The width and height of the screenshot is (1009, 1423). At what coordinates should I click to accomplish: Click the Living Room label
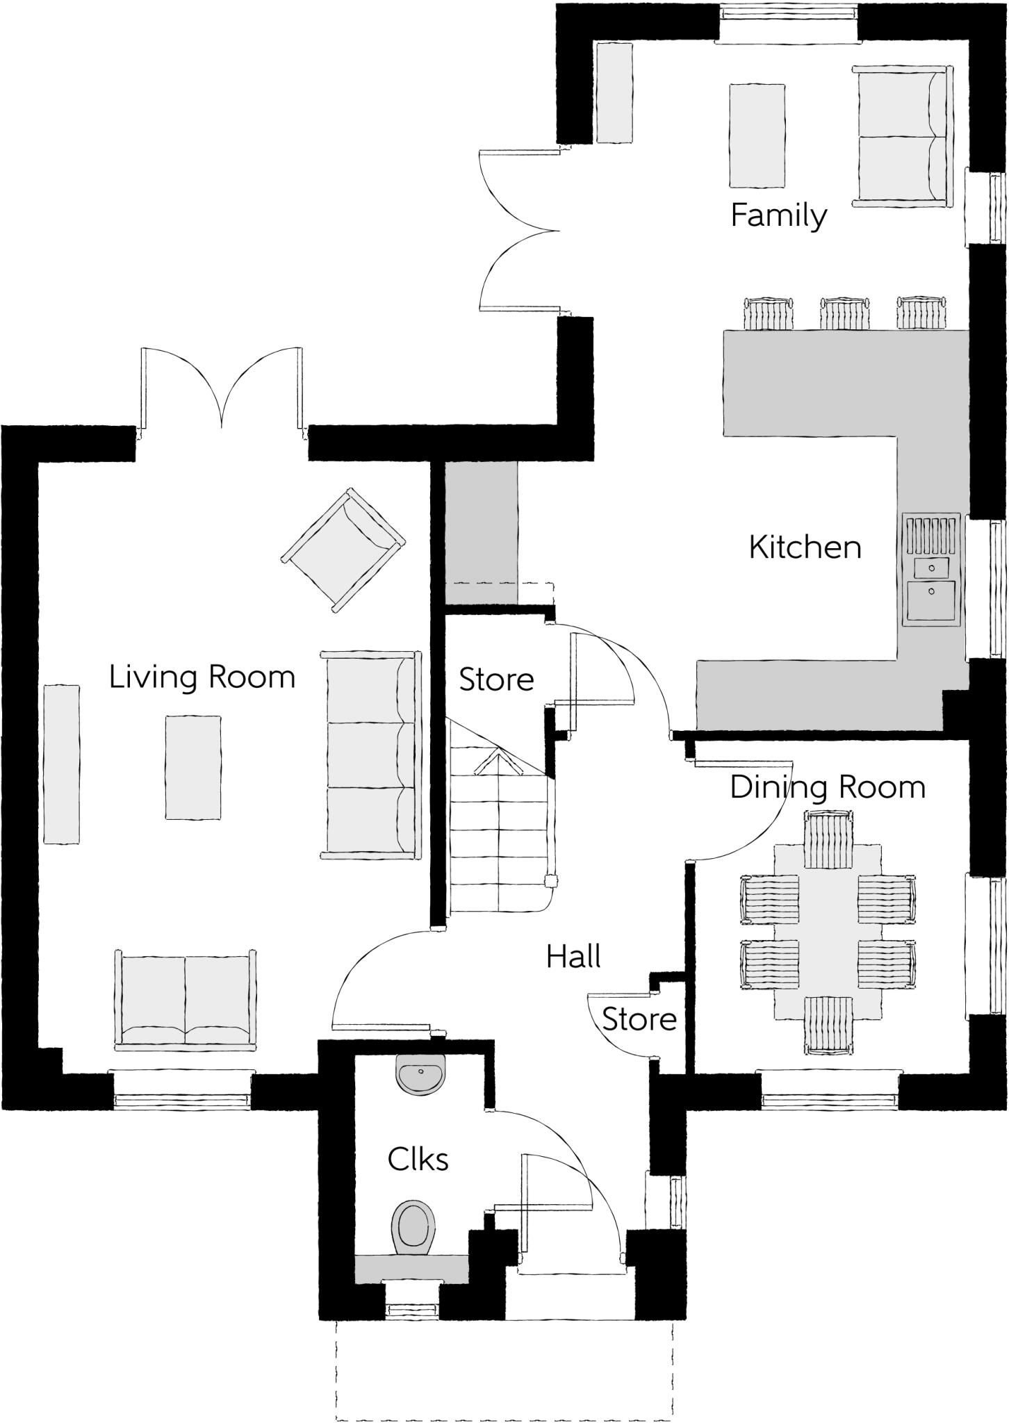click(x=202, y=677)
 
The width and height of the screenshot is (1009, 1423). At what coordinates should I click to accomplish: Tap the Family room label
click(x=778, y=216)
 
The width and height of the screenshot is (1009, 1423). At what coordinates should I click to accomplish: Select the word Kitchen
click(x=805, y=548)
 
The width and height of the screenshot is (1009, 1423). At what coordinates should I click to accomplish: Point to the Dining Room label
click(x=828, y=788)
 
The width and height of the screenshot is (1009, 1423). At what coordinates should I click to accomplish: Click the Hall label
click(x=573, y=957)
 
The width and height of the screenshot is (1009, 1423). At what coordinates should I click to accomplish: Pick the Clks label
click(x=418, y=1160)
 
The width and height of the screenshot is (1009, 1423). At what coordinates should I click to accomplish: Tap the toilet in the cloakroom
click(x=414, y=1227)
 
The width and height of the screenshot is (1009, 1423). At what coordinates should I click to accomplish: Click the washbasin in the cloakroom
click(x=420, y=1074)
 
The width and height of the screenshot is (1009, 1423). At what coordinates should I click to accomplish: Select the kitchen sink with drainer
click(x=930, y=570)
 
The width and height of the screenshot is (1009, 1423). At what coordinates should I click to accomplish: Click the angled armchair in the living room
click(x=343, y=550)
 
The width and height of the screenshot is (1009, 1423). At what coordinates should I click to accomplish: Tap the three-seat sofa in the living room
click(x=371, y=755)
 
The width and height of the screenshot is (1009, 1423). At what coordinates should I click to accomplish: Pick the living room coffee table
click(x=193, y=767)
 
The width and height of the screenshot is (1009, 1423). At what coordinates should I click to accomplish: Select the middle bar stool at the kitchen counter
click(x=844, y=313)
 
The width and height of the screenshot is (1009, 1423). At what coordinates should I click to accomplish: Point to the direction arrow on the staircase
click(x=498, y=763)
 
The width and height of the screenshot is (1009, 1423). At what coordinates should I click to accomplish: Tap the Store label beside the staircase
click(x=496, y=680)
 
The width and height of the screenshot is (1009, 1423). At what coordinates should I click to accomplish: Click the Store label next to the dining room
click(x=639, y=1019)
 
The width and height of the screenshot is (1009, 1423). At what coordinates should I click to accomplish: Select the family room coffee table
click(x=757, y=135)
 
